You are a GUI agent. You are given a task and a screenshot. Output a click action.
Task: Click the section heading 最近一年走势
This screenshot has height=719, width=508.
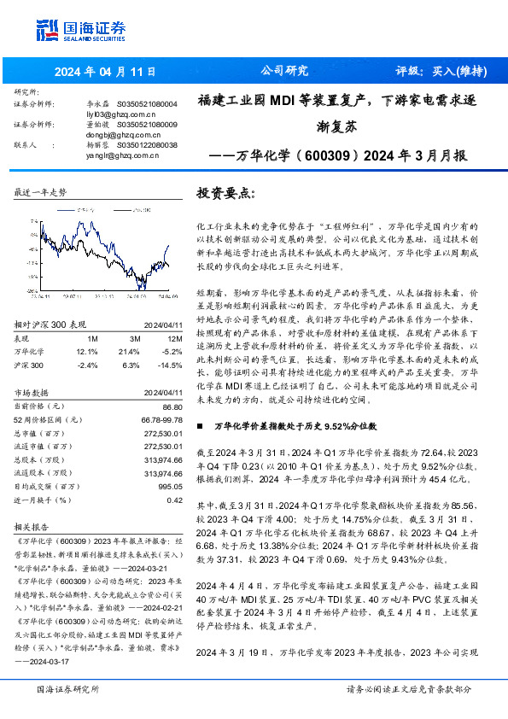40,192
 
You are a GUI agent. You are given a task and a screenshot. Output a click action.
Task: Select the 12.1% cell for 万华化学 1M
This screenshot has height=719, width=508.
87,351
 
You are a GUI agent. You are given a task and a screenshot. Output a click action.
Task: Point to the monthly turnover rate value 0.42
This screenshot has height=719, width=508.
174,500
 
